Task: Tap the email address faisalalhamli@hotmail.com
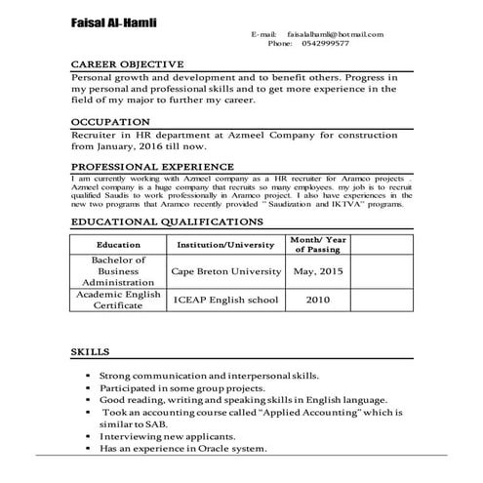[337, 34]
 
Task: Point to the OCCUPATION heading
[110, 122]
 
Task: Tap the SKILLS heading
[91, 350]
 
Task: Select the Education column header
[118, 244]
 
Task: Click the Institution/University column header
[223, 244]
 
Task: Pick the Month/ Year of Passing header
[318, 244]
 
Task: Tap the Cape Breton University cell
[223, 271]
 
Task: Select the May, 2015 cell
[318, 271]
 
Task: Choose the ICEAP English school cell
[223, 300]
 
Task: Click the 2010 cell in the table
[318, 300]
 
